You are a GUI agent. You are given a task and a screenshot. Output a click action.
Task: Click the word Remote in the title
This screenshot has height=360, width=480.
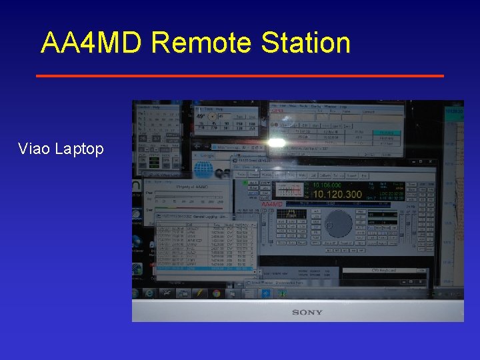tap(202, 43)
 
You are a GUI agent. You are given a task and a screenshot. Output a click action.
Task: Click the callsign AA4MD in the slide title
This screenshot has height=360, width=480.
tap(91, 43)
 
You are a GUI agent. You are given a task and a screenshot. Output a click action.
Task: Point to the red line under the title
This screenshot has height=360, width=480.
tap(239, 76)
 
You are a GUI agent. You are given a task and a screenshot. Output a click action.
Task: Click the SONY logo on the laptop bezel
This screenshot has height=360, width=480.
tap(307, 312)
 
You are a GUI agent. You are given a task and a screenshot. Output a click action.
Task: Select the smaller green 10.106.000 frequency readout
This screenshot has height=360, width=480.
tap(327, 185)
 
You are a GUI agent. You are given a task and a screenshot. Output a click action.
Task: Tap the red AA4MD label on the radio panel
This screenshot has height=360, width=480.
tap(273, 204)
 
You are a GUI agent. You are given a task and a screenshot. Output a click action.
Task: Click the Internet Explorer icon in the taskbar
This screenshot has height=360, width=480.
tap(149, 293)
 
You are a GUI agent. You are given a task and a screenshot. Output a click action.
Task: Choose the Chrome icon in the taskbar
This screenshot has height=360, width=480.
tap(216, 293)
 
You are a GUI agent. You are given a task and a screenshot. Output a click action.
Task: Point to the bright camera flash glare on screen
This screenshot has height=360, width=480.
tap(277, 141)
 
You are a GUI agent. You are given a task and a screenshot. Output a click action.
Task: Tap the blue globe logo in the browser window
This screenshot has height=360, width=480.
tap(203, 169)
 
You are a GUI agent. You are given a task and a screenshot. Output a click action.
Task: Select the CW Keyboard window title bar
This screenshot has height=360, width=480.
tap(383, 270)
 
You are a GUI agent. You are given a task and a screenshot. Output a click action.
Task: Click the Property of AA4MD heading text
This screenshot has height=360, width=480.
tap(193, 187)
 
